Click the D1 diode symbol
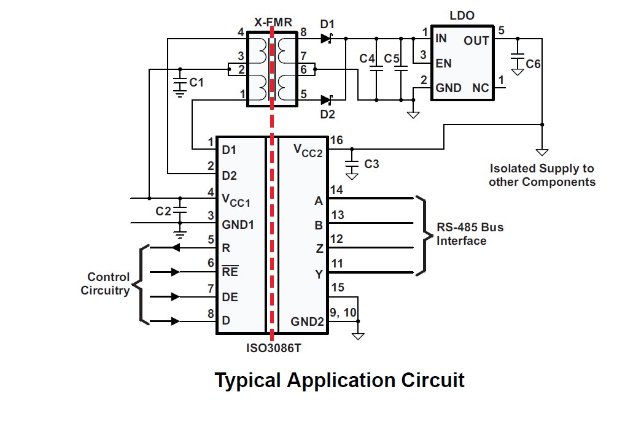(x=327, y=39)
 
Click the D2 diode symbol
(x=327, y=100)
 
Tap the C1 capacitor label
(x=196, y=83)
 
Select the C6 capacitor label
(x=533, y=64)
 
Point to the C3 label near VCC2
(x=371, y=164)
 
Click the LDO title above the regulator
(x=462, y=16)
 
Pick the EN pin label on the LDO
(x=443, y=63)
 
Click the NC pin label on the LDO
(x=481, y=88)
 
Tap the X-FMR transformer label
(x=273, y=23)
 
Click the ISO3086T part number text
(x=273, y=348)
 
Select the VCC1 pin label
(x=236, y=201)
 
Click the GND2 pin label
(x=307, y=321)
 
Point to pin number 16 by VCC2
(x=336, y=140)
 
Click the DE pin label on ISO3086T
(x=230, y=297)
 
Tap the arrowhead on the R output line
(x=176, y=248)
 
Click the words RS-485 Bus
(x=470, y=227)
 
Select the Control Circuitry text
(x=105, y=283)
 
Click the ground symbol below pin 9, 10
(x=358, y=336)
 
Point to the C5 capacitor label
(x=392, y=58)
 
